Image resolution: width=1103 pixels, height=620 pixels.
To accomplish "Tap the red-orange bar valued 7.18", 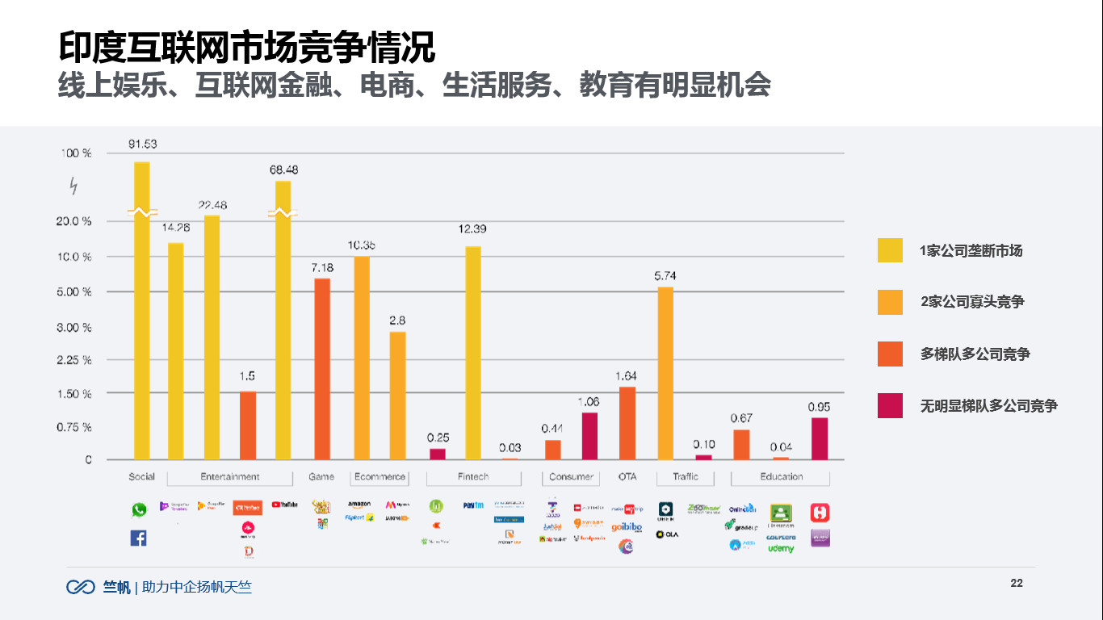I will [322, 369].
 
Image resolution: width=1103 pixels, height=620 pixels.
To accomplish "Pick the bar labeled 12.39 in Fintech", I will [473, 353].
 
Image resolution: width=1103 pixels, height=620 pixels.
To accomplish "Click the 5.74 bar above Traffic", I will [665, 373].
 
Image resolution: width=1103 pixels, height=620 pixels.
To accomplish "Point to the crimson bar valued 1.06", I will [589, 436].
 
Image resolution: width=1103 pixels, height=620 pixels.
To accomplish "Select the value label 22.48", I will [212, 205].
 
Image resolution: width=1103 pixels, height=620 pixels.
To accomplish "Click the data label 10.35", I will [361, 245].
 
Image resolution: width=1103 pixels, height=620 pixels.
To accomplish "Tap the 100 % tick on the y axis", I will [76, 153].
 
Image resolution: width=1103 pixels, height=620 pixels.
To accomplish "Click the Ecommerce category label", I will [380, 477].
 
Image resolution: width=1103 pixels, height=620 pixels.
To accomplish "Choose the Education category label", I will [781, 477].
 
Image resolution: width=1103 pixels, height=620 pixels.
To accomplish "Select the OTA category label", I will [627, 477].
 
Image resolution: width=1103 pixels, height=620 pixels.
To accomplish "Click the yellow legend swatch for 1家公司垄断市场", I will [890, 250].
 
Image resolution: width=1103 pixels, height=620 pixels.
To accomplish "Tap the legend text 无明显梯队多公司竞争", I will [988, 406].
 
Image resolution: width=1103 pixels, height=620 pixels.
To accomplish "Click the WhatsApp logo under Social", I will [139, 510].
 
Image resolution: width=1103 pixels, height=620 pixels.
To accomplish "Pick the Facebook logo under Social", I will [139, 538].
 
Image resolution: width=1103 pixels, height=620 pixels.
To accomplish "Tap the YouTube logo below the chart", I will [284, 505].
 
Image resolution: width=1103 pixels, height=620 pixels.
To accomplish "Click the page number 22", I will [1017, 584].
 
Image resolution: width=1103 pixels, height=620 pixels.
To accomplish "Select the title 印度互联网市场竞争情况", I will [246, 47].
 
